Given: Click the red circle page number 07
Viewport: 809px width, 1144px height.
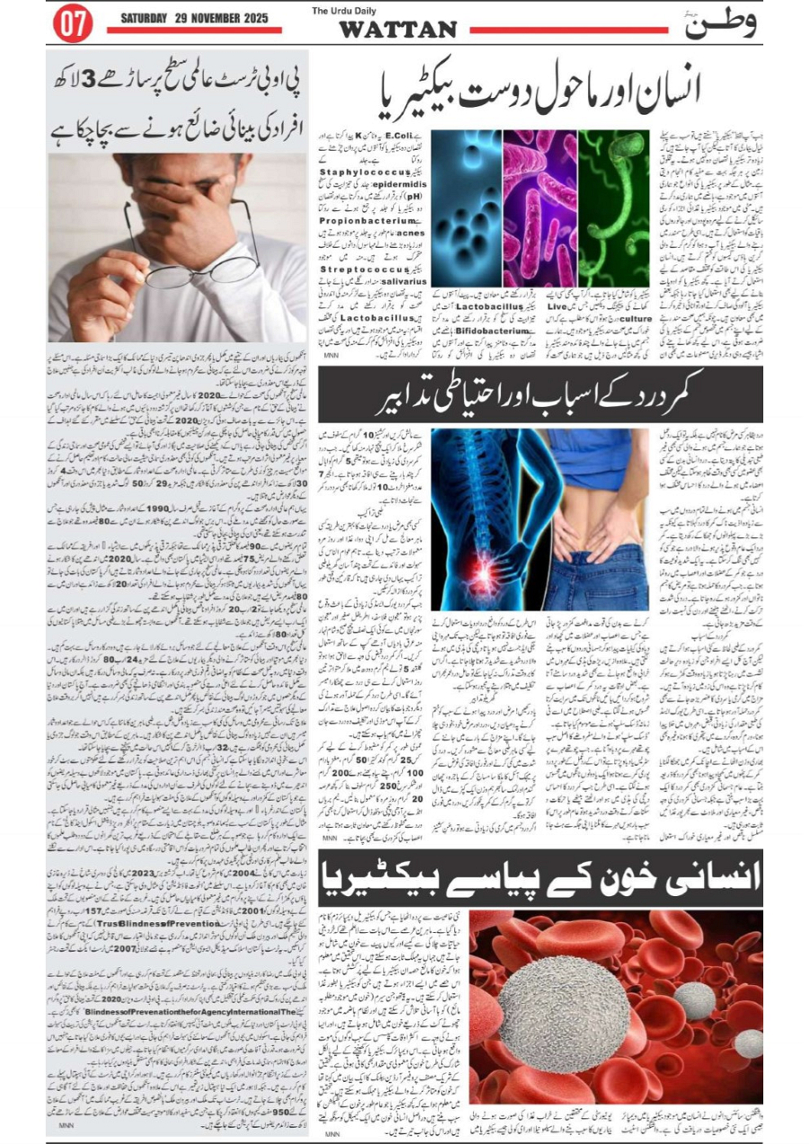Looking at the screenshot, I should click(x=73, y=24).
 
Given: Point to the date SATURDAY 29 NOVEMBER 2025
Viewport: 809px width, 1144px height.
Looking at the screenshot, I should click(x=194, y=18).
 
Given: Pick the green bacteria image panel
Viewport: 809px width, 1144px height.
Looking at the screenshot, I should click(x=613, y=208).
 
